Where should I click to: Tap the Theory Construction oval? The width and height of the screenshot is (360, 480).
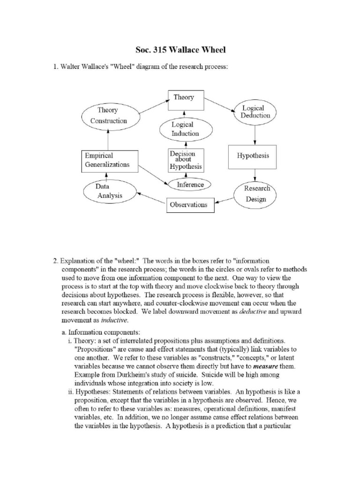[x=108, y=116]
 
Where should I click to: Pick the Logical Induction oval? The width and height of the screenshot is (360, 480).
[x=185, y=129]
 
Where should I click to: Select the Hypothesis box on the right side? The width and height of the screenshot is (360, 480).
[x=254, y=157]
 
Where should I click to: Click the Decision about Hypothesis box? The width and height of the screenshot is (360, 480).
[x=186, y=160]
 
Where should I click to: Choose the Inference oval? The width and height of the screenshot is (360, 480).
[x=190, y=185]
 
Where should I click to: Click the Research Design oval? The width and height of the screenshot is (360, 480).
[x=255, y=193]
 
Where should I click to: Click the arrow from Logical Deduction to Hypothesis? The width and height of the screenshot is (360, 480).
[x=255, y=135]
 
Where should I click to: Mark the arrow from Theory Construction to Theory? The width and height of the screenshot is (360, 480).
[x=153, y=107]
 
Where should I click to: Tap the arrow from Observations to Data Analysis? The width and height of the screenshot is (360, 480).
[x=151, y=198]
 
